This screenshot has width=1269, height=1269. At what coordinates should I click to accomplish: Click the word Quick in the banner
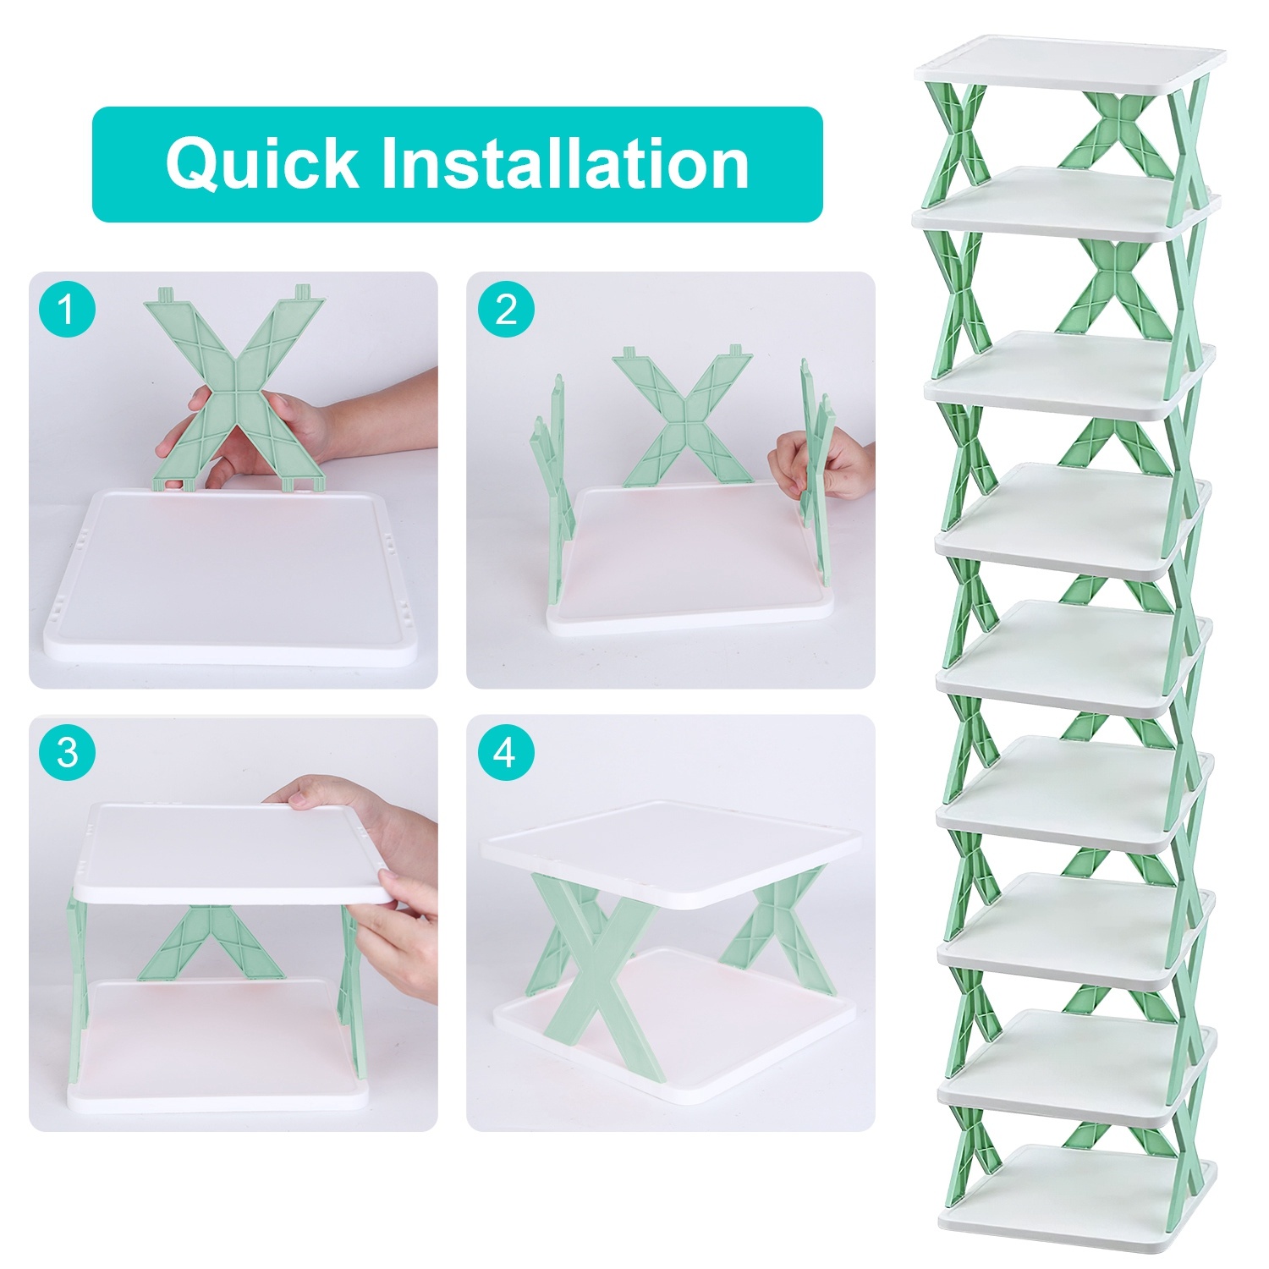point(262,163)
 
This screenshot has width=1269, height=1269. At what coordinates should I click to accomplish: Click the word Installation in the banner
point(565,163)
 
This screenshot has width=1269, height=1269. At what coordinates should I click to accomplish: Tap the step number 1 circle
point(67,310)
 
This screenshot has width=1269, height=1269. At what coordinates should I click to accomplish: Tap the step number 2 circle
point(506,310)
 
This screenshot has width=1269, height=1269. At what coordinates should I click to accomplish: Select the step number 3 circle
point(67,752)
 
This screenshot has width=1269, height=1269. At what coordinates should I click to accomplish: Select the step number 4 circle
point(506,752)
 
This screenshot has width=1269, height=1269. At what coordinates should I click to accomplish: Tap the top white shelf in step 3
point(228,850)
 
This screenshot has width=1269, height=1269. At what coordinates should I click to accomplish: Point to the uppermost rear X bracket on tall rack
point(1117,127)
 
